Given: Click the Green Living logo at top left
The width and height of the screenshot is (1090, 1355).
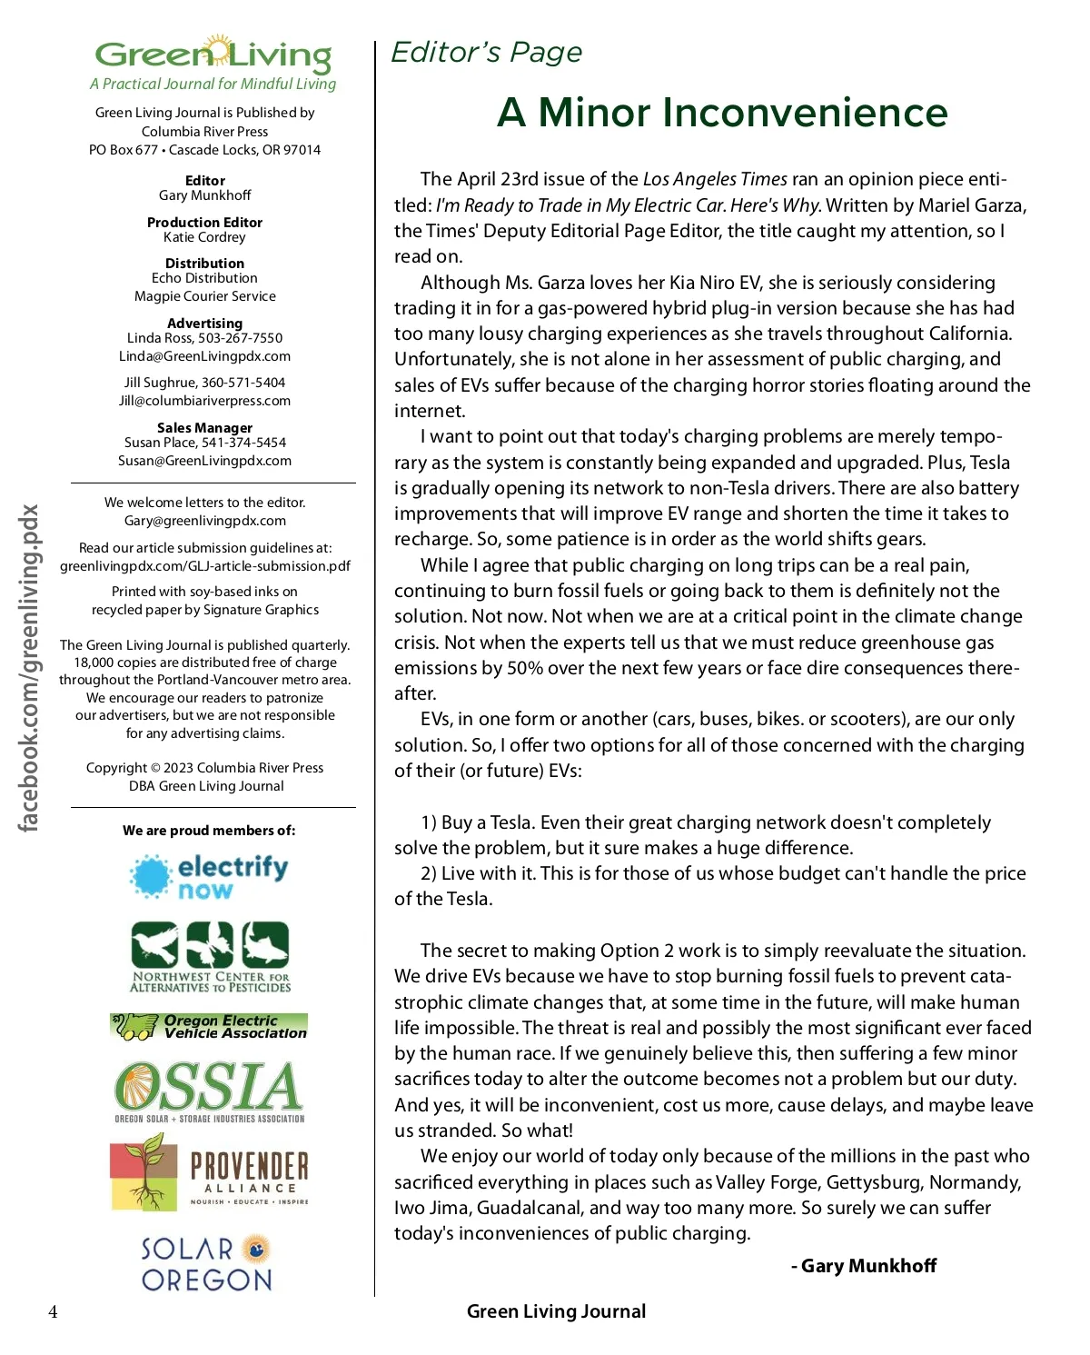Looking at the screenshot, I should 213,55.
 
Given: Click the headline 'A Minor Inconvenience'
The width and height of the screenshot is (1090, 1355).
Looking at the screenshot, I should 722,113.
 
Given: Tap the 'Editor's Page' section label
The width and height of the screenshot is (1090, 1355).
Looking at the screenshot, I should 486,53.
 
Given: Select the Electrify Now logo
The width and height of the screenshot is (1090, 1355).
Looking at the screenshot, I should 209,877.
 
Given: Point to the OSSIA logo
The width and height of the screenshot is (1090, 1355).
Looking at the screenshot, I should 209,1091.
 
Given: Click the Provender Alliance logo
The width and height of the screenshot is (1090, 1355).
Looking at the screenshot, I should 209,1172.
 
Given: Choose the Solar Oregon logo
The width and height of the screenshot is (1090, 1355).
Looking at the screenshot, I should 207,1263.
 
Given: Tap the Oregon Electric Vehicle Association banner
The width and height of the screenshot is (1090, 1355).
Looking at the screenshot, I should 209,1027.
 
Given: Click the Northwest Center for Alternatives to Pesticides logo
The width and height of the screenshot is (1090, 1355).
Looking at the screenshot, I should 210,957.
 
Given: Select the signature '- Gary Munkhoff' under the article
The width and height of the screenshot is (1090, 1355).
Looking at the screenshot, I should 864,1266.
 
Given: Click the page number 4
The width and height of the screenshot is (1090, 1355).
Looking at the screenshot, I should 53,1311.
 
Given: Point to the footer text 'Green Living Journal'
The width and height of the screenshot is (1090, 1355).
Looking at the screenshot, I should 556,1311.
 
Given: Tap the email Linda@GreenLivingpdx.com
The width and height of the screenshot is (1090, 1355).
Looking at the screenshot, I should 204,356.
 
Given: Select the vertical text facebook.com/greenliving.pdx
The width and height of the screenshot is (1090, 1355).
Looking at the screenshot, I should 29,668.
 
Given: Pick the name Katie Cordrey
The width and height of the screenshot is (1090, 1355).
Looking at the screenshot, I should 204,237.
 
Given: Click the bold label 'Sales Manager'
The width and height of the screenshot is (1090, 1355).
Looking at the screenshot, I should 204,428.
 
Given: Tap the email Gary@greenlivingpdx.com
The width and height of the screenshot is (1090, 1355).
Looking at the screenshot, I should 204,521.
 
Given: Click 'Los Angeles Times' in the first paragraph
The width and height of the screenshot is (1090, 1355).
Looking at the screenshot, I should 715,179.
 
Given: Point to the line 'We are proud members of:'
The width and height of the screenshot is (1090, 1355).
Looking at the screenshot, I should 209,831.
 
